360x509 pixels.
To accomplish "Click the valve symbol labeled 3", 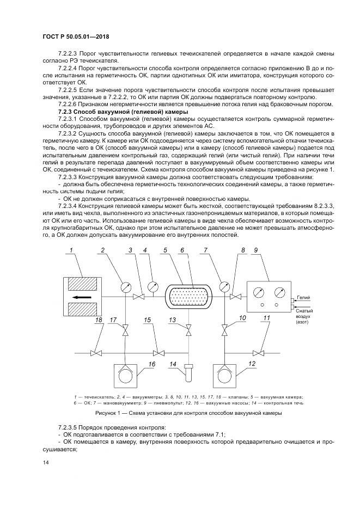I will point(140,297).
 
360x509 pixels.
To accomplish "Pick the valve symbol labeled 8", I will point(236,297).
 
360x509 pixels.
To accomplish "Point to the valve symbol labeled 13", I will point(188,330).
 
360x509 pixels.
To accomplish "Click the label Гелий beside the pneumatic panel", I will point(303,298).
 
